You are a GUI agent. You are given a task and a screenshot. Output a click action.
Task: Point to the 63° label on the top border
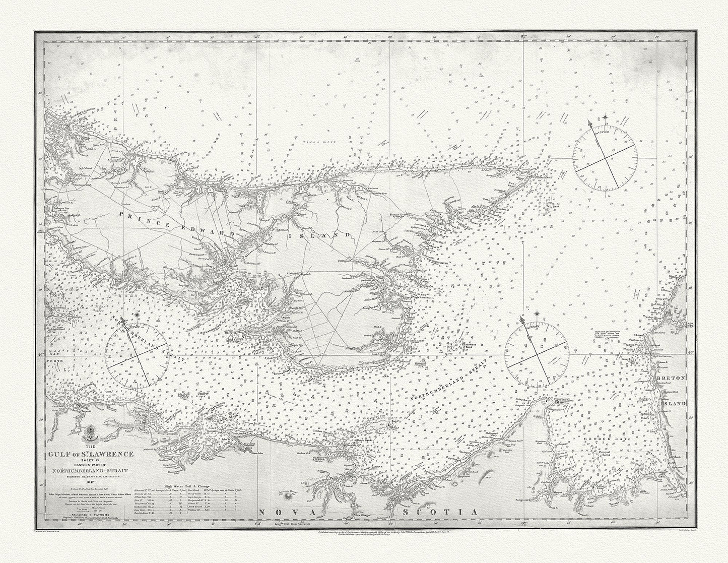coord(256,37)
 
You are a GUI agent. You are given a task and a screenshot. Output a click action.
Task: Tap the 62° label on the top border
coord(524,37)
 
